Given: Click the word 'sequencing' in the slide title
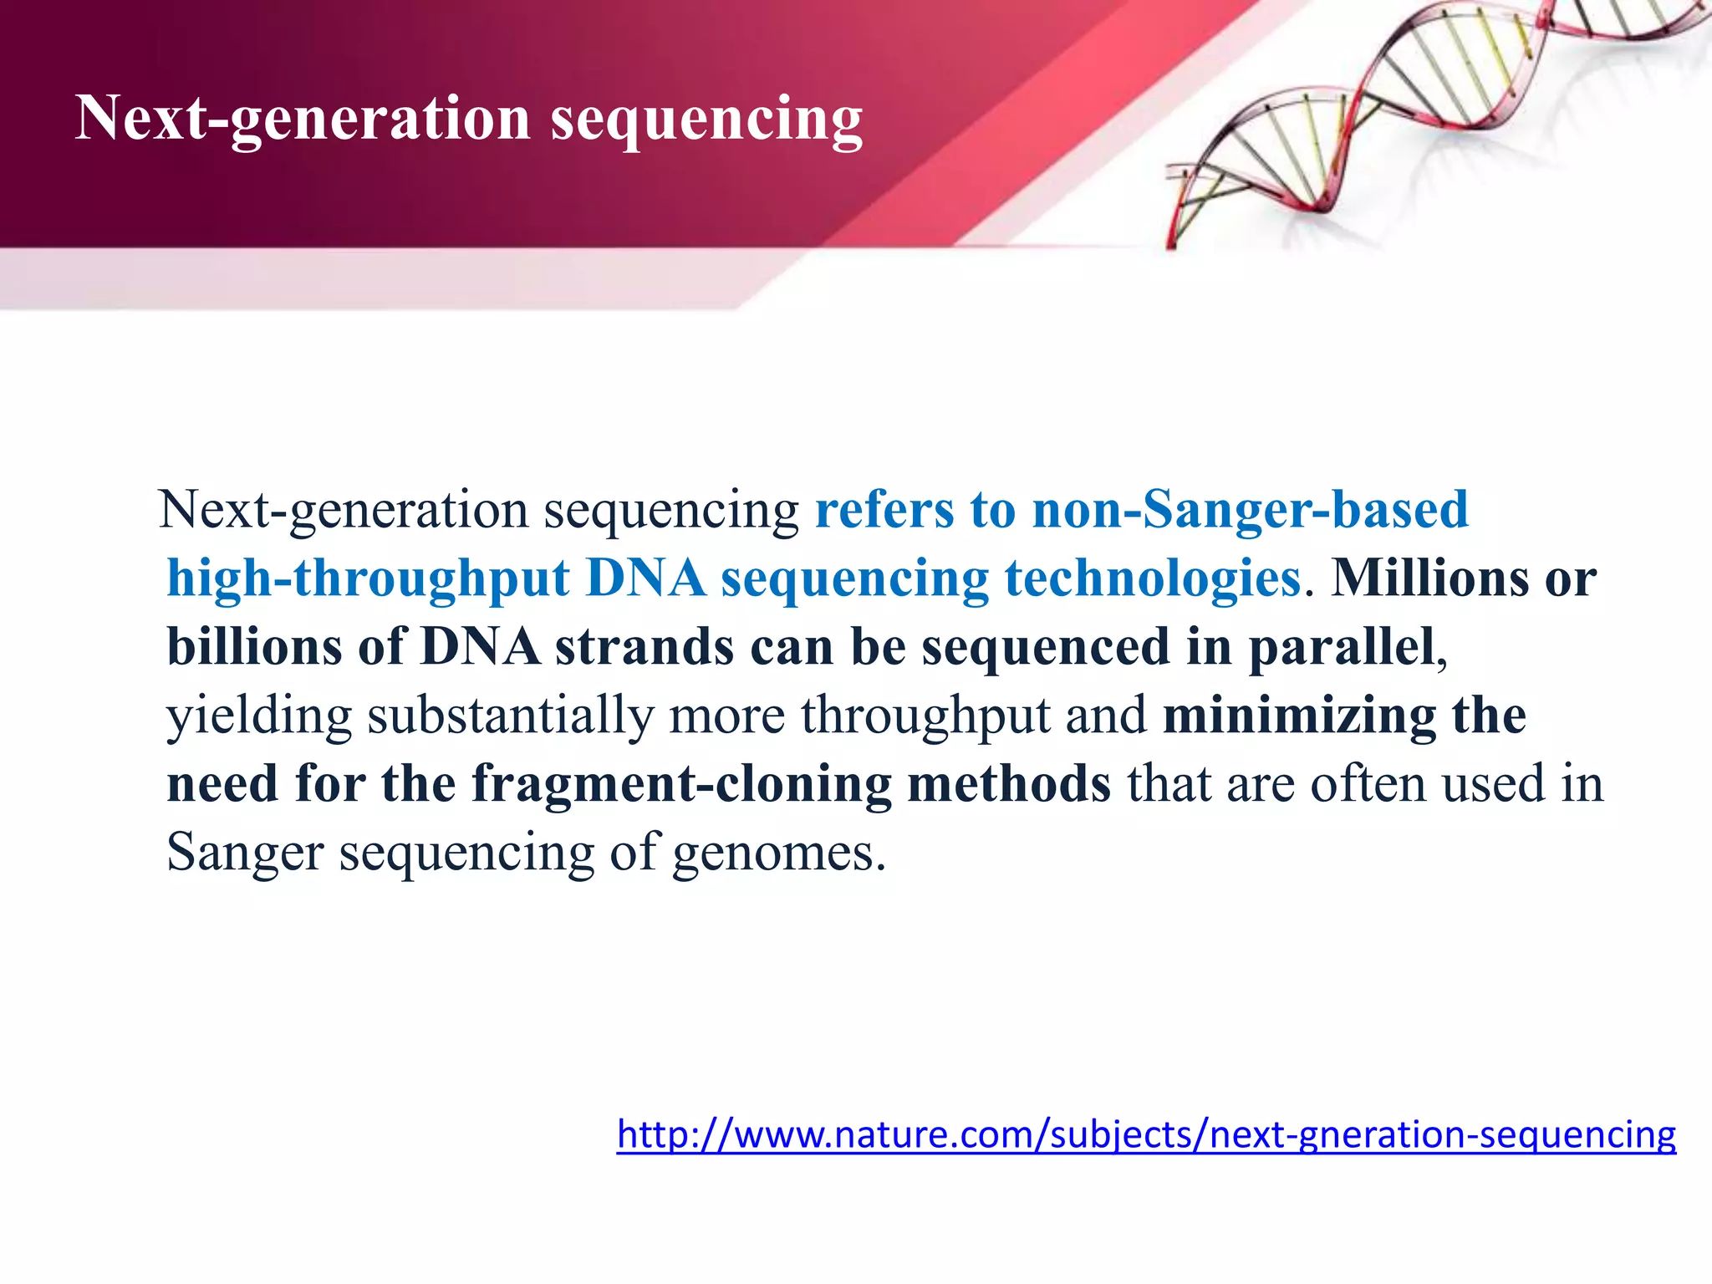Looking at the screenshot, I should coord(706,119).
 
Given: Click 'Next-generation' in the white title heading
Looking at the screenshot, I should coord(303,119).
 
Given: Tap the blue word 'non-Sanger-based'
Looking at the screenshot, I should coord(1250,509).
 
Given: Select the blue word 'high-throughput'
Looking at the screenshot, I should coord(368,578).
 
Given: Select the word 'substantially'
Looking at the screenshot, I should coord(510,716).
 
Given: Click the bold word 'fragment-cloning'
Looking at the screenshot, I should coord(681,784).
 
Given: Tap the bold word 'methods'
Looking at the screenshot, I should coord(1009,784).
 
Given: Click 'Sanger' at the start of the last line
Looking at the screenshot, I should coord(245,853).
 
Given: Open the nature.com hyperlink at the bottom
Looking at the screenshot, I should coord(1146,1135).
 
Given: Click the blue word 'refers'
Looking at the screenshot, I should coord(884,509).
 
